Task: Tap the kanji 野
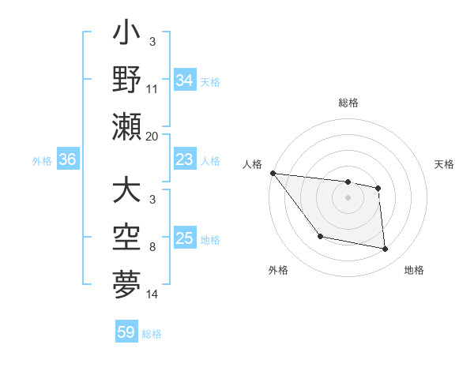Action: tap(126, 81)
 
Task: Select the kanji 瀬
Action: tap(126, 126)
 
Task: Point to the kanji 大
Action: tap(126, 191)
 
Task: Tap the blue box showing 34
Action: tap(184, 80)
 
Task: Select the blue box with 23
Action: tap(184, 160)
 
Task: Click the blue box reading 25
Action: tap(184, 239)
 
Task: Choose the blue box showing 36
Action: tap(67, 160)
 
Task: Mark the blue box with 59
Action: tap(126, 332)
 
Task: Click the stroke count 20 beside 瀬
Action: tap(152, 136)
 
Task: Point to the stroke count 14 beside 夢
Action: tap(152, 294)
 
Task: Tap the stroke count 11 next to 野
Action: tap(152, 90)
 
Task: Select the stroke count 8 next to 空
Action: tap(152, 248)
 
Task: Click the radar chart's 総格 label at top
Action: tap(348, 103)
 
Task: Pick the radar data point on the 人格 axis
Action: tap(273, 173)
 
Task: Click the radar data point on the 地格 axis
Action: tap(386, 249)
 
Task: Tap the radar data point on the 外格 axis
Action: tap(320, 236)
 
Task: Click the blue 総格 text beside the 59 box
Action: tap(152, 334)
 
